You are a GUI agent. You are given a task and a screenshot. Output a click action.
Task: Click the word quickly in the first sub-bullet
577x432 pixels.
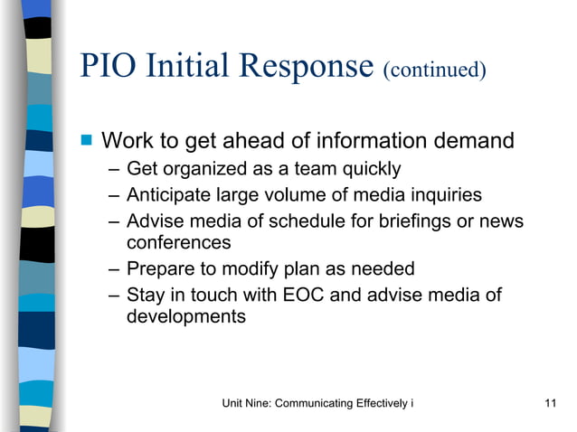369,169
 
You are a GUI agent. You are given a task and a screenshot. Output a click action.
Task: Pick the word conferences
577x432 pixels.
178,242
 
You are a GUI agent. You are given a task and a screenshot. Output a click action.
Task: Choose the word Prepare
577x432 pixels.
160,268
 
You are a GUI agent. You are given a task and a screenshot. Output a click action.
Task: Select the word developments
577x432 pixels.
185,316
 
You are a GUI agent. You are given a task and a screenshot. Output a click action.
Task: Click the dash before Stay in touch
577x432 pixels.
110,295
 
